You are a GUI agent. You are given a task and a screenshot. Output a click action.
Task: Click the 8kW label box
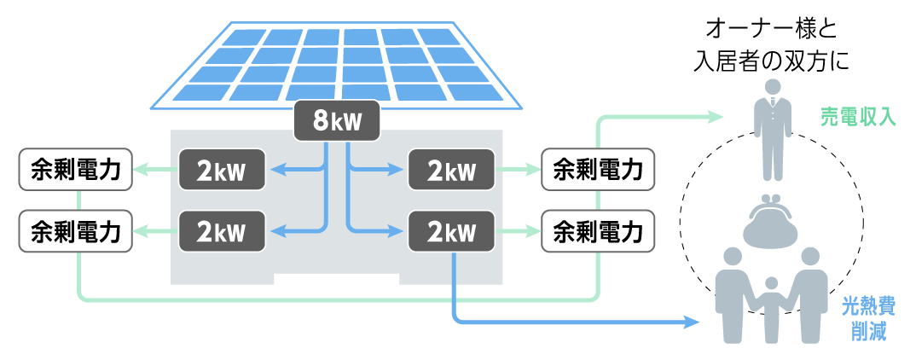[x=336, y=121]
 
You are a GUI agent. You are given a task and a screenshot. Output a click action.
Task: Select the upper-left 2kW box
[x=221, y=171]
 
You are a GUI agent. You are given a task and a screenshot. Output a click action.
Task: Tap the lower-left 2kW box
[x=221, y=230]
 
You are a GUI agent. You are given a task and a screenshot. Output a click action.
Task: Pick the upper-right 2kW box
[x=451, y=171]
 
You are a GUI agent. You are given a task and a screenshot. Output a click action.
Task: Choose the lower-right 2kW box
[x=451, y=230]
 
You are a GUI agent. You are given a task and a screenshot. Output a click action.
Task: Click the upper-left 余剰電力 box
[x=75, y=171]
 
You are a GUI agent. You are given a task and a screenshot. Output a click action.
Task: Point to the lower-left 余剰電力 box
[x=75, y=230]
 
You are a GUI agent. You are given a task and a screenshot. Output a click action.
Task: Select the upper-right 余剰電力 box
[x=598, y=171]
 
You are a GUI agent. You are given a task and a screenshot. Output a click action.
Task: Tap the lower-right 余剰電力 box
[x=598, y=230]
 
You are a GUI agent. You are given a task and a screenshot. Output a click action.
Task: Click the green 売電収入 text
[x=858, y=117]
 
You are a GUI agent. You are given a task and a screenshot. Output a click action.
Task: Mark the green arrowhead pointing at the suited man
[x=715, y=118]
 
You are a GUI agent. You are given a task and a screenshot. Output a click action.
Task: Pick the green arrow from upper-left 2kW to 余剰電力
[x=155, y=171]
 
